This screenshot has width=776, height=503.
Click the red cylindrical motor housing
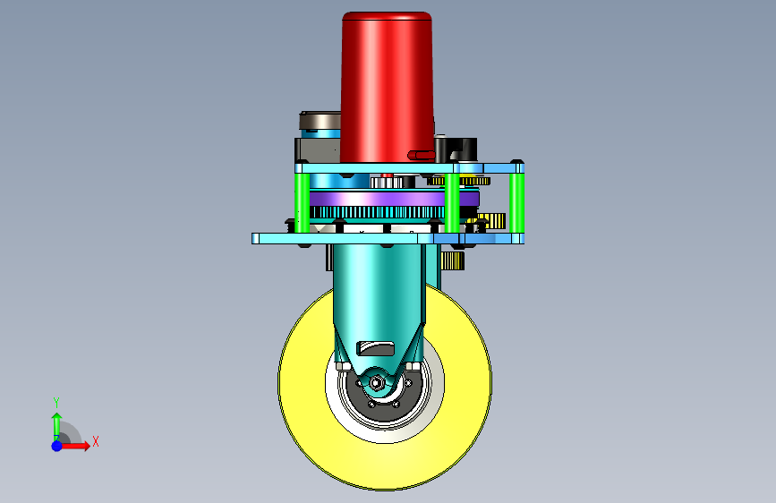pos(387,88)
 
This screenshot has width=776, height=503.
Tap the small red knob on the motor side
pos(422,156)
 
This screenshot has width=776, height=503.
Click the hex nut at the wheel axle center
pos(376,383)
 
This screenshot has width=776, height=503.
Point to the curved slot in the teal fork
pos(376,348)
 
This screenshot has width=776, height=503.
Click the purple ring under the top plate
pos(394,199)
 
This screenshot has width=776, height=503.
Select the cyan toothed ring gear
pos(377,213)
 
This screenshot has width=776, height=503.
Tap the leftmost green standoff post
pos(302,202)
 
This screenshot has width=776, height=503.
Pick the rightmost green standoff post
pos(517,202)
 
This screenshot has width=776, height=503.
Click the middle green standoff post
pos(452,202)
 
